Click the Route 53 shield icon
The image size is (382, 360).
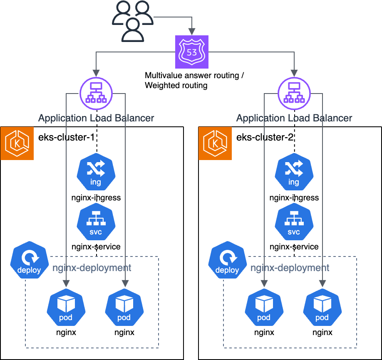click(x=192, y=52)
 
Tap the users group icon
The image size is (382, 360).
click(x=133, y=21)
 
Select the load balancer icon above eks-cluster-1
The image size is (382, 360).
click(x=96, y=94)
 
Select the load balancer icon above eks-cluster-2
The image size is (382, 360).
click(x=294, y=94)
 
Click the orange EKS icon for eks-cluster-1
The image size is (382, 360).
click(x=17, y=143)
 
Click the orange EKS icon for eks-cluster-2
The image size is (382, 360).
click(x=215, y=143)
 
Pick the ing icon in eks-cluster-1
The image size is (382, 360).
click(x=96, y=172)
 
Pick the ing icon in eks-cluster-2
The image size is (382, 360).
click(x=294, y=172)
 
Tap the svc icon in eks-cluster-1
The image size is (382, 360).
click(x=96, y=222)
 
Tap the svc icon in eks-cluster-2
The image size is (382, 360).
click(x=294, y=222)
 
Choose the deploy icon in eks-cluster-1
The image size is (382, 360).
click(x=29, y=260)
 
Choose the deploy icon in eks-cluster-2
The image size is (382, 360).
click(x=227, y=260)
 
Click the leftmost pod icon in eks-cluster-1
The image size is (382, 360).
click(x=66, y=308)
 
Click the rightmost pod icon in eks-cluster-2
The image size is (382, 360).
click(x=322, y=308)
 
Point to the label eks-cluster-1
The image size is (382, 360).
click(x=66, y=137)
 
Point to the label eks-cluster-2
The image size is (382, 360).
click(x=265, y=137)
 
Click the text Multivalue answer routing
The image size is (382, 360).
click(x=192, y=76)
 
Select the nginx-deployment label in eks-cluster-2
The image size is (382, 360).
click(x=290, y=268)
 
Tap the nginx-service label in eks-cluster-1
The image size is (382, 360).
click(x=96, y=247)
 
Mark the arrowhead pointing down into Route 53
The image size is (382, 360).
click(x=192, y=32)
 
